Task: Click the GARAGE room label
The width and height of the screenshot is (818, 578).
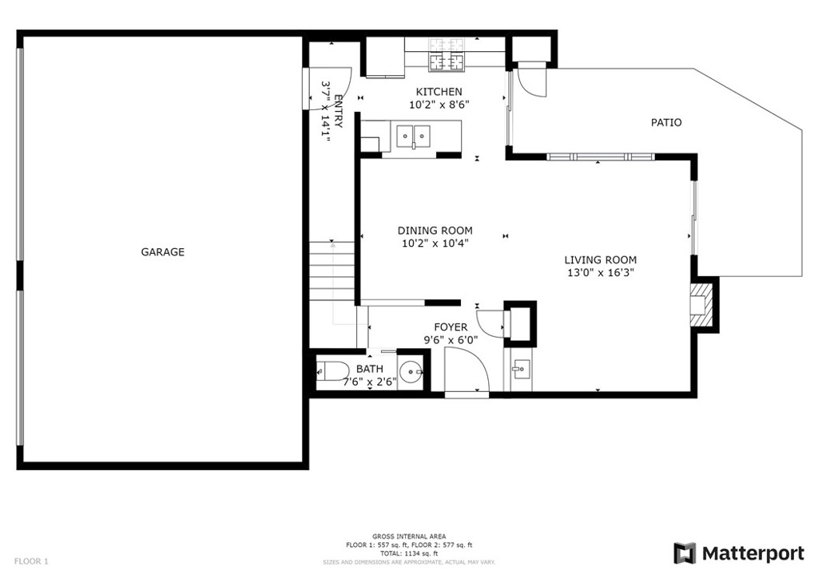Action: click(163, 252)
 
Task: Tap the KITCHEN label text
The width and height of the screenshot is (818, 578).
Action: click(439, 93)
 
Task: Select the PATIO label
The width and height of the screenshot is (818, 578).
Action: click(666, 123)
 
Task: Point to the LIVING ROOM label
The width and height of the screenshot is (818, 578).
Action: click(601, 259)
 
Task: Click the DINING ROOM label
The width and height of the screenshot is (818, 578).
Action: click(435, 231)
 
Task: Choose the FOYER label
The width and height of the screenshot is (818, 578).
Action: click(451, 327)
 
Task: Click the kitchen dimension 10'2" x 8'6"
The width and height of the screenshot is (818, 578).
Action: click(439, 105)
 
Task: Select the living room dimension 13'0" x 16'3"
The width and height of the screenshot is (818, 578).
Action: click(601, 272)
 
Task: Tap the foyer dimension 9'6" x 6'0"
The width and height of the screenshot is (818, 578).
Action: click(451, 340)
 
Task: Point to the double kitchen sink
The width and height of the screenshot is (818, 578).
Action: click(413, 136)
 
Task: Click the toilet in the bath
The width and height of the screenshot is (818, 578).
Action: click(333, 371)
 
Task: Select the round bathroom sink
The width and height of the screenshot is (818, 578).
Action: click(411, 371)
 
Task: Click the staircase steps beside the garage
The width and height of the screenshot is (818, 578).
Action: click(332, 271)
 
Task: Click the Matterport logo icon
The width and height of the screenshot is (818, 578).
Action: click(685, 553)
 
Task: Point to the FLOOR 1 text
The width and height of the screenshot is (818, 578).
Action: click(31, 561)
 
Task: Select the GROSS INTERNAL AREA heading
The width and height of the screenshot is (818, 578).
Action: click(409, 536)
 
